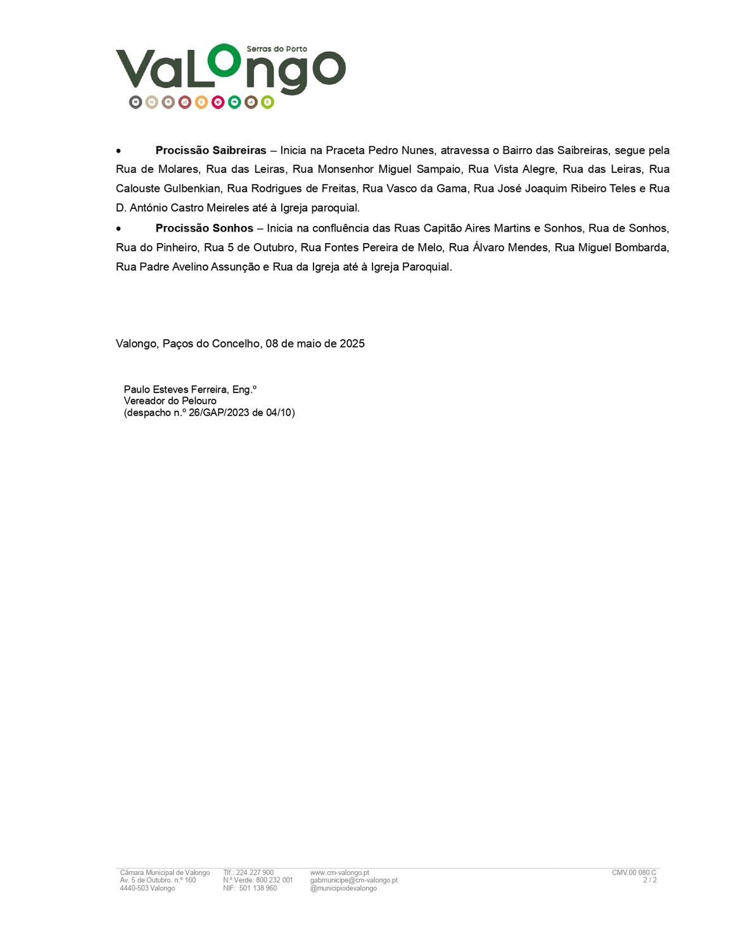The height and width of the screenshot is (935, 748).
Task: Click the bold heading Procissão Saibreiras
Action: [210, 151]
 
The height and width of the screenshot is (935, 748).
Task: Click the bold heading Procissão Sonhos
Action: [204, 229]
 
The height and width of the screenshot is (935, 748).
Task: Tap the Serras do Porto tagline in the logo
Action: [277, 49]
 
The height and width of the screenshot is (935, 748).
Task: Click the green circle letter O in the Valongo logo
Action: [225, 61]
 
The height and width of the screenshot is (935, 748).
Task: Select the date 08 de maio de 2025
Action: [315, 344]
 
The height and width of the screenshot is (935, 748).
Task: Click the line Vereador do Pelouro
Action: [170, 401]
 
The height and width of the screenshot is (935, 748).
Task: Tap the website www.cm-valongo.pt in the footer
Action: [339, 873]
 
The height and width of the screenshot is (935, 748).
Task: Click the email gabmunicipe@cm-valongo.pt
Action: [353, 881]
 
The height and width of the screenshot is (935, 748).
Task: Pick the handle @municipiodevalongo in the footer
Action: [343, 889]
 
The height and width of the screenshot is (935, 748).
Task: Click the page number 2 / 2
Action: [650, 881]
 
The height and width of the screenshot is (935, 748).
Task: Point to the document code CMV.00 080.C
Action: [634, 873]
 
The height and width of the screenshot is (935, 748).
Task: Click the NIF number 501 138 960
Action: [258, 889]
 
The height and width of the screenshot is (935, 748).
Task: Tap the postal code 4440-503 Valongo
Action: [147, 889]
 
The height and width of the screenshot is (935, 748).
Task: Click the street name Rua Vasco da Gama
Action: [414, 189]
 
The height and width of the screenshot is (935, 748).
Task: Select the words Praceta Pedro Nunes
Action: [380, 151]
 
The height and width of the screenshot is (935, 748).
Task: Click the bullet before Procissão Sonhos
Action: [118, 229]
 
